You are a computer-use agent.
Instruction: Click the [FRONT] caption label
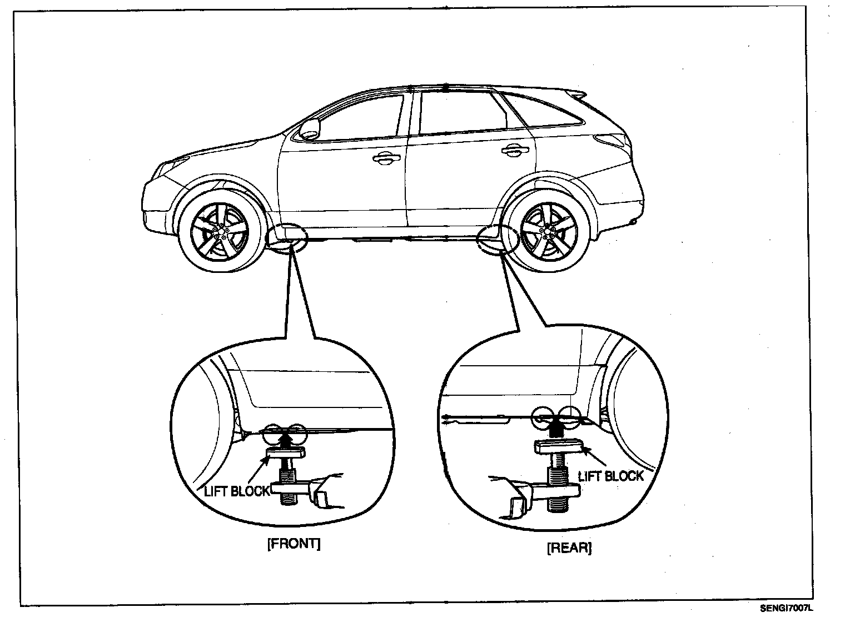(294, 544)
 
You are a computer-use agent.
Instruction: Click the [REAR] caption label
(569, 548)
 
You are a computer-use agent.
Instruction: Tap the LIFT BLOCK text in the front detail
(236, 491)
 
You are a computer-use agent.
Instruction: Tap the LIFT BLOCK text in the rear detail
(610, 476)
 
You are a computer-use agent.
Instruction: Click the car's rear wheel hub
(549, 228)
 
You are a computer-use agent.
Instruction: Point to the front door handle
(385, 159)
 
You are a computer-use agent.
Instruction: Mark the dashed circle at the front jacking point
(288, 238)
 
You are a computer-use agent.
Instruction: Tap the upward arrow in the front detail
(285, 440)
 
